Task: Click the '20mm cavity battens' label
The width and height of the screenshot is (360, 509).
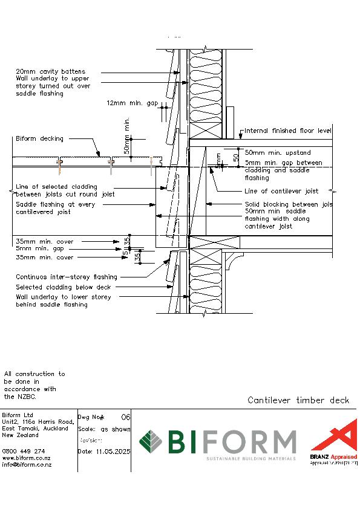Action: [x=50, y=72]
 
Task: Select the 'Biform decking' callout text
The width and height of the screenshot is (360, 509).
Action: [x=39, y=139]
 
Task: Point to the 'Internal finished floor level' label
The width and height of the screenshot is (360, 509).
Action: [x=288, y=131]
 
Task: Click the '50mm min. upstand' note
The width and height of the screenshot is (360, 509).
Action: [x=278, y=153]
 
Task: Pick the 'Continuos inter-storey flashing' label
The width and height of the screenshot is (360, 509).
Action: [x=67, y=277]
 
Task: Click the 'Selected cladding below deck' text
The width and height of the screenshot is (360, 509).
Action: [x=63, y=287]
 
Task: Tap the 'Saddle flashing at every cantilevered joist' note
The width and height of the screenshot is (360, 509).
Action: [x=55, y=208]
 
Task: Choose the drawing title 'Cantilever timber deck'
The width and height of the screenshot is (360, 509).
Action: [x=298, y=400]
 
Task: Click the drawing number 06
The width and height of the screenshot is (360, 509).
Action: [x=126, y=417]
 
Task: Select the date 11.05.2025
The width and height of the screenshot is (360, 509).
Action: [x=104, y=452]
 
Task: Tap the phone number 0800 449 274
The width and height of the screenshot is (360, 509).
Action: [x=24, y=451]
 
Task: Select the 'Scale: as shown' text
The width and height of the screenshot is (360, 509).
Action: [x=104, y=429]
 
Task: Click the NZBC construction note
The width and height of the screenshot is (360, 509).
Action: [x=34, y=386]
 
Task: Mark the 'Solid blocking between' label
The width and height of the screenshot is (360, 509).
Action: [x=288, y=205]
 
